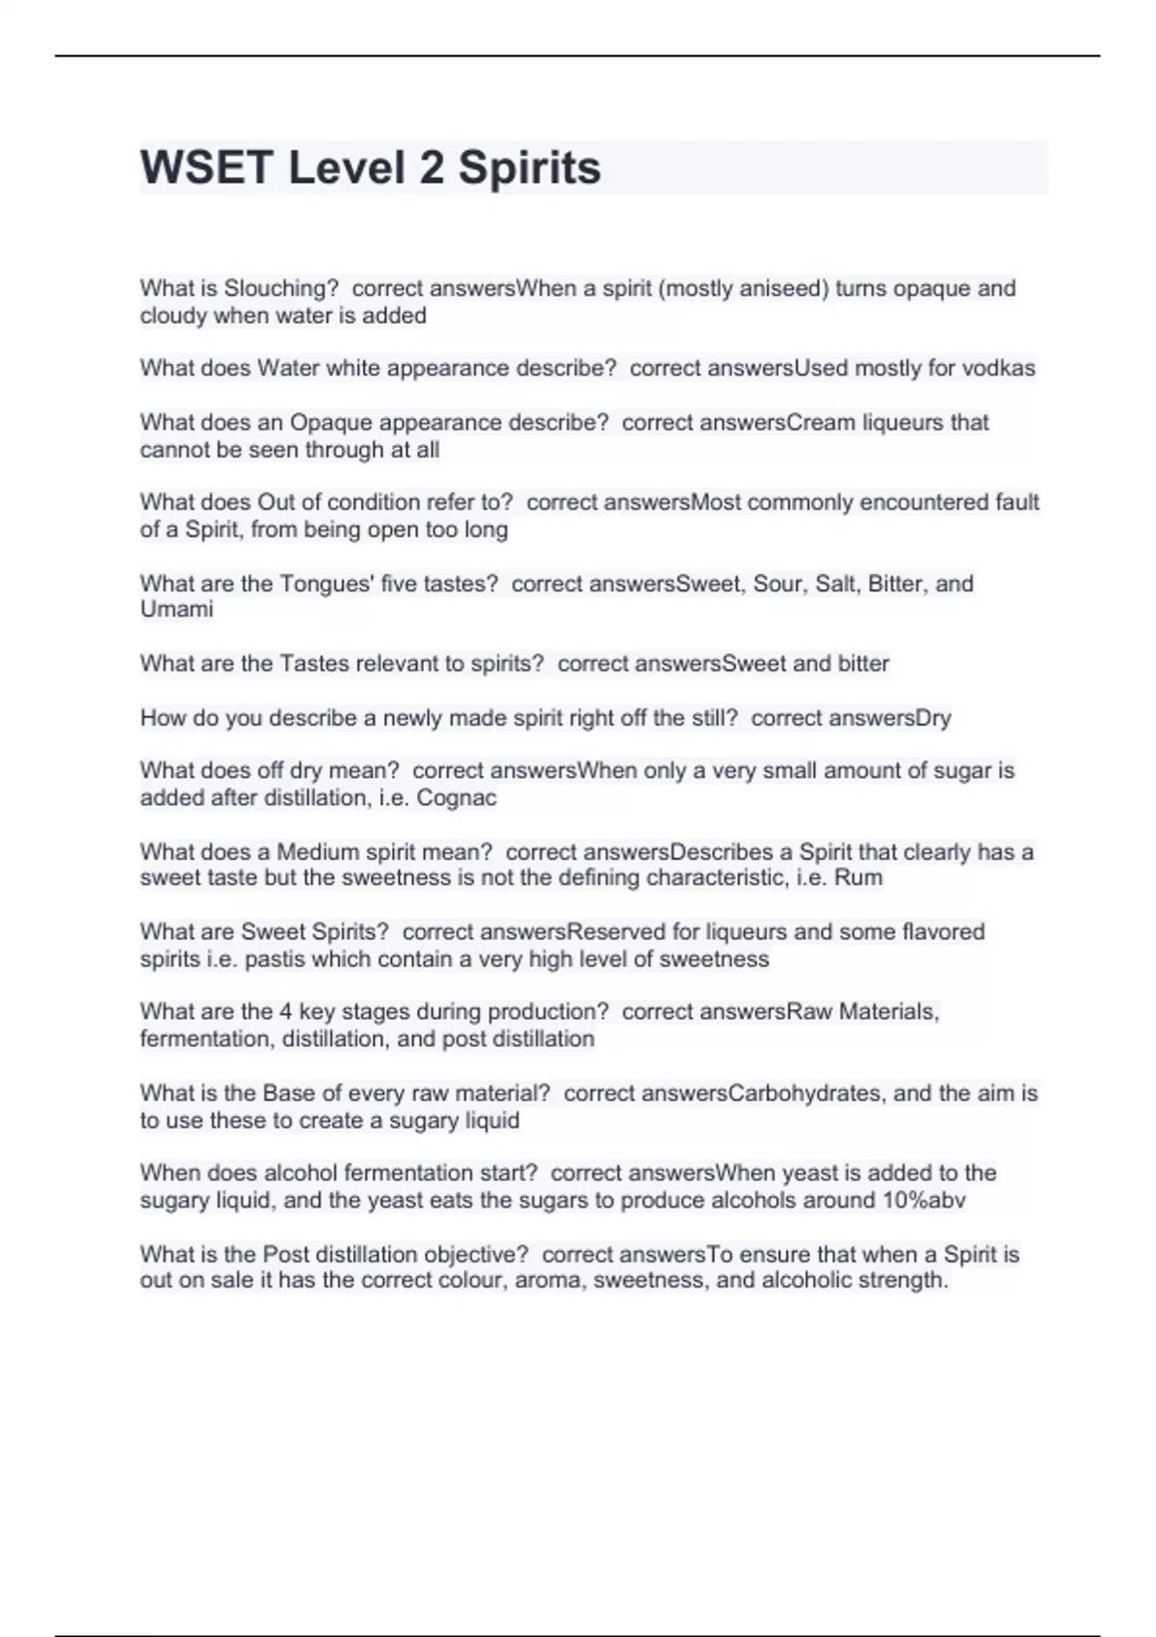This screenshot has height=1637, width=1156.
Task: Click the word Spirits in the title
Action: coord(529,168)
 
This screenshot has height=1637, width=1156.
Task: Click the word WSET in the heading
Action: coord(206,168)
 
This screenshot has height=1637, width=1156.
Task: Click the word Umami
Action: coord(176,610)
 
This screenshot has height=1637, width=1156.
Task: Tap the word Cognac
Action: coord(457,797)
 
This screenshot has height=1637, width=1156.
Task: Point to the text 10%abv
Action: coord(924,1200)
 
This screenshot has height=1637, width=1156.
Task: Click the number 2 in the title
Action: coord(432,168)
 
